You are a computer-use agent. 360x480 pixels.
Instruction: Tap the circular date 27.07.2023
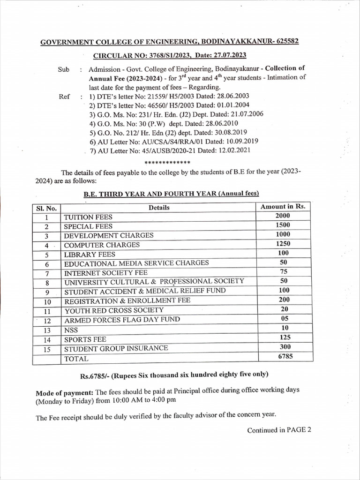click(x=229, y=56)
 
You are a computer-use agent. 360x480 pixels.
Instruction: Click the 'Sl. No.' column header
click(x=46, y=208)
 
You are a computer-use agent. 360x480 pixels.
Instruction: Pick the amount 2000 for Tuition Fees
click(x=283, y=216)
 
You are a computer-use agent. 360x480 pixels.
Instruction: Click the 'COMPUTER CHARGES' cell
click(x=102, y=245)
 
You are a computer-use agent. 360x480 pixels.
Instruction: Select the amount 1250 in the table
click(x=283, y=244)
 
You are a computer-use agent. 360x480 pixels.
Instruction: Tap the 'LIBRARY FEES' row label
click(x=90, y=255)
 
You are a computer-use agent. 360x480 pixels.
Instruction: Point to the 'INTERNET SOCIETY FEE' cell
click(x=105, y=272)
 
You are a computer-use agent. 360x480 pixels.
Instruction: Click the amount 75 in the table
click(x=283, y=272)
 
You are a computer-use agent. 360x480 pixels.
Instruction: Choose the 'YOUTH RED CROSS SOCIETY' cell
click(x=114, y=310)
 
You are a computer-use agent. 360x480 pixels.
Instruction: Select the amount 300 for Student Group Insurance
click(x=285, y=347)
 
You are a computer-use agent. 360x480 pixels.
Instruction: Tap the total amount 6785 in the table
click(x=285, y=357)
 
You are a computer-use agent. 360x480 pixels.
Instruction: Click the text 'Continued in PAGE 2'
click(x=279, y=430)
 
